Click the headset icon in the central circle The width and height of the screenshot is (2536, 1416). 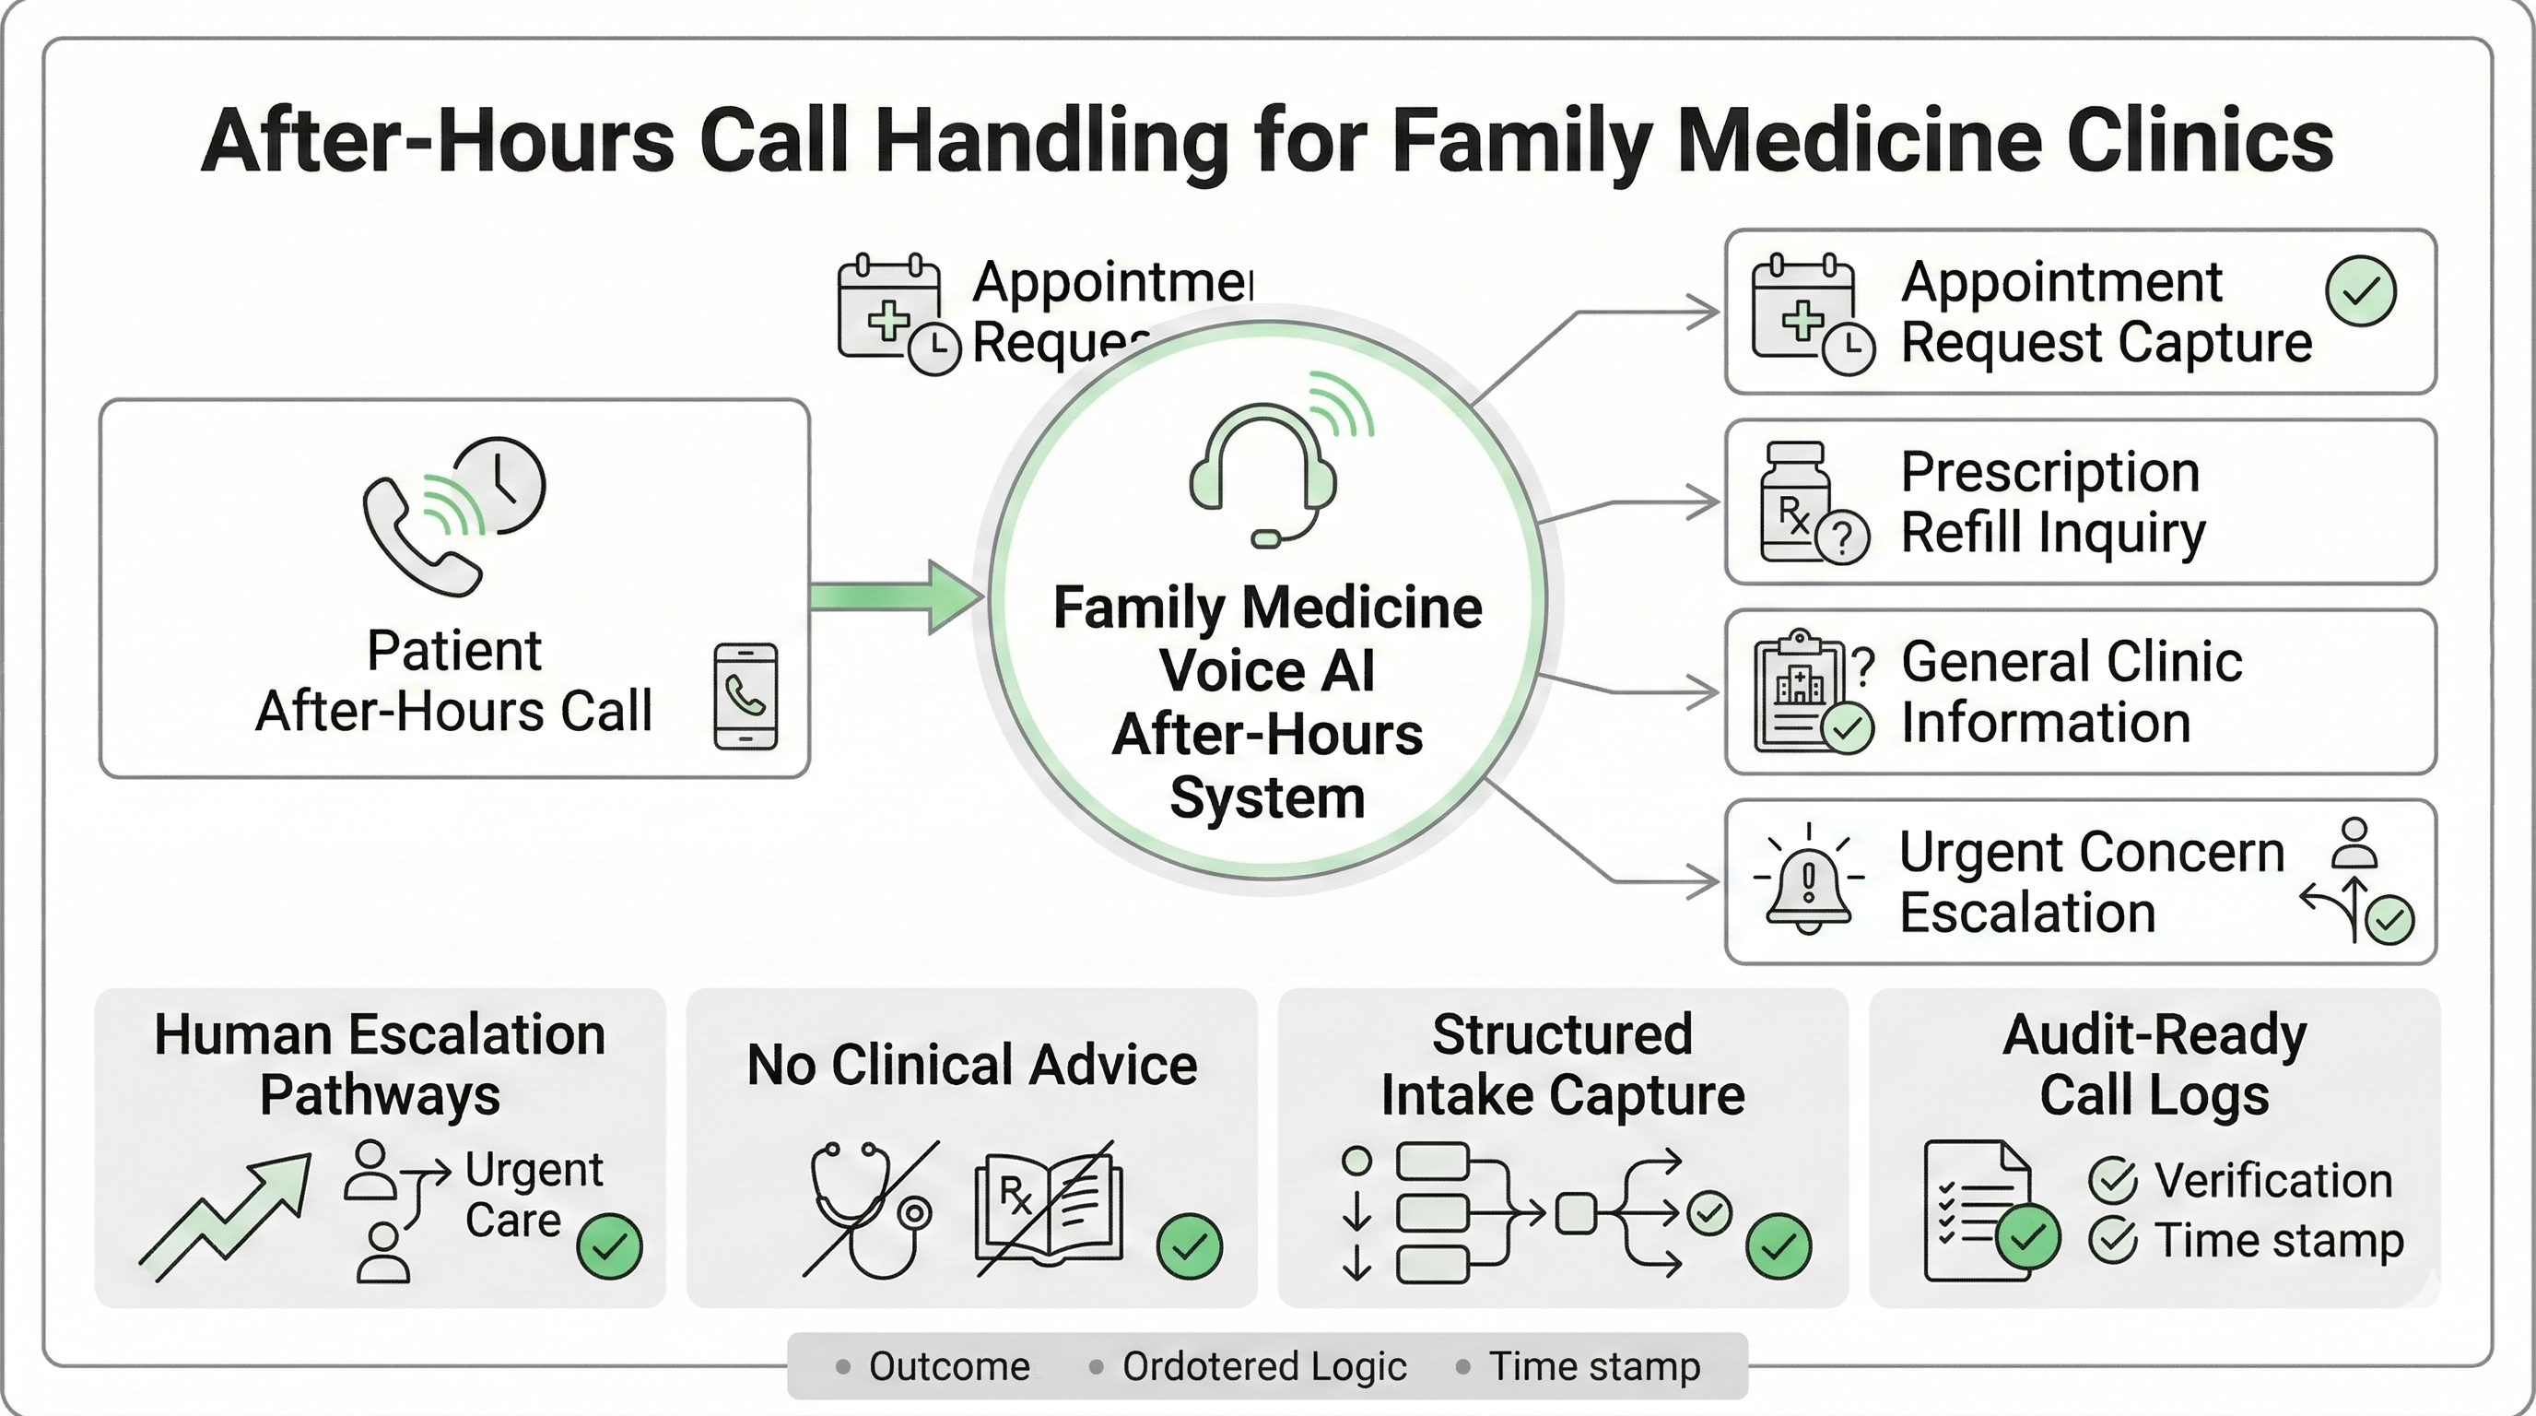pyautogui.click(x=1263, y=473)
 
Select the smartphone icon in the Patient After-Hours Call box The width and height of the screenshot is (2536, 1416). pyautogui.click(x=746, y=696)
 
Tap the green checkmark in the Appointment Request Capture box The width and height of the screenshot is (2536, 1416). pyautogui.click(x=2360, y=290)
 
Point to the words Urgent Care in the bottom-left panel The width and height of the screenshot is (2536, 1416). pyautogui.click(x=533, y=1195)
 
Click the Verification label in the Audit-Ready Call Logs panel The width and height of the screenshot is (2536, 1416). pyautogui.click(x=2272, y=1180)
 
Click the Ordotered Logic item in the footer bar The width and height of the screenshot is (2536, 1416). pyautogui.click(x=1263, y=1366)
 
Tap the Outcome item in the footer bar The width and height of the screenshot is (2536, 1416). pyautogui.click(x=948, y=1366)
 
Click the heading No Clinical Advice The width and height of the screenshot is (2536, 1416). pyautogui.click(x=971, y=1065)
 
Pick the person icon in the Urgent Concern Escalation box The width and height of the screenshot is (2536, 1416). pyautogui.click(x=2354, y=843)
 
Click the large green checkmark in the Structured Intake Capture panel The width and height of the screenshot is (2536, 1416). pyautogui.click(x=1778, y=1246)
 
